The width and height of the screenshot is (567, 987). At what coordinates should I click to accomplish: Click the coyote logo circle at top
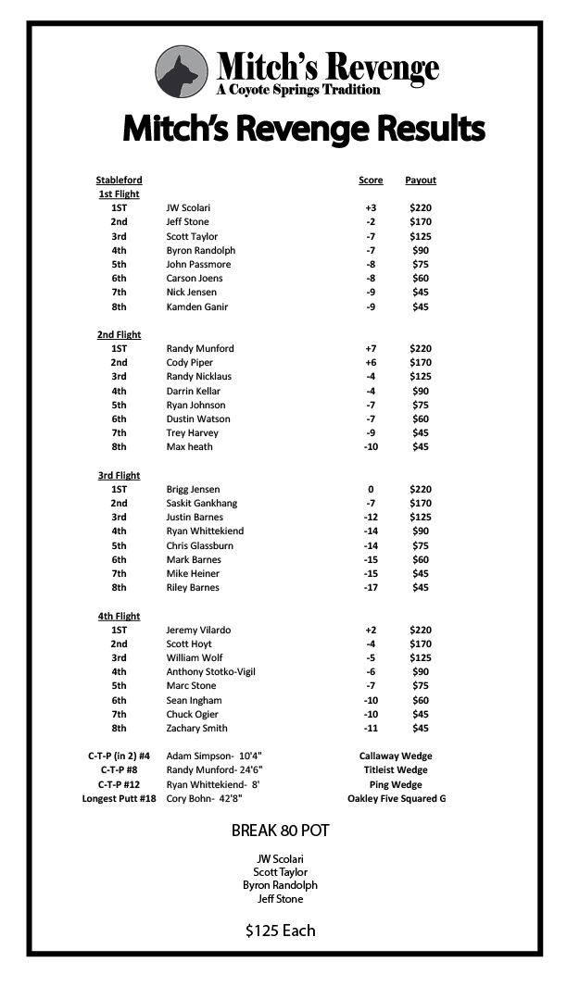tap(182, 72)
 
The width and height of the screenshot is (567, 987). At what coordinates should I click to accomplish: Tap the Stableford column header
tap(119, 180)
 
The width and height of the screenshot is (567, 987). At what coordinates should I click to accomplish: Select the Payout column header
tap(421, 180)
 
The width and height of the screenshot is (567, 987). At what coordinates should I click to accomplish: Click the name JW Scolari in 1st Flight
tap(188, 208)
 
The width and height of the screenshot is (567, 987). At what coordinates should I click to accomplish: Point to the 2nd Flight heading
tap(119, 334)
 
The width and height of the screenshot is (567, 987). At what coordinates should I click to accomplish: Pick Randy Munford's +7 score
tap(371, 349)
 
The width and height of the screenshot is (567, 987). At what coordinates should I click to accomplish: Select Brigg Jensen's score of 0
tap(371, 489)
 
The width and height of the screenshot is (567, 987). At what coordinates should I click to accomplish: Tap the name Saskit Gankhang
tap(202, 504)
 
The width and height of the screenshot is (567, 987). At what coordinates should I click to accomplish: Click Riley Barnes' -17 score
tap(371, 588)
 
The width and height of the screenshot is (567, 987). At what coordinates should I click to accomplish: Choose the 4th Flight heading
tap(119, 616)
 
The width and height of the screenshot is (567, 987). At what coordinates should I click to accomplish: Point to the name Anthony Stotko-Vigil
tap(210, 672)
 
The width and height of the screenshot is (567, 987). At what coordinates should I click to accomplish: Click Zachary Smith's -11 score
tap(371, 729)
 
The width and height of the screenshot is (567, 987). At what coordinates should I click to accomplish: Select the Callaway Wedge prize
tap(396, 756)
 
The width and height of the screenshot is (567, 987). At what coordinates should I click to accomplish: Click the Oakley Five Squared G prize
tap(397, 798)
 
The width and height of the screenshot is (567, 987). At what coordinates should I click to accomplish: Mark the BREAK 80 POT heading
tap(281, 831)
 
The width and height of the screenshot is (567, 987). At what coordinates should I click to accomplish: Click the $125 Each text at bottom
tap(281, 931)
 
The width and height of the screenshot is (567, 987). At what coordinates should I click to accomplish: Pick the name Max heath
tap(189, 447)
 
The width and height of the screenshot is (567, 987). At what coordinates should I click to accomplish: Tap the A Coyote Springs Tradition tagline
tap(298, 90)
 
